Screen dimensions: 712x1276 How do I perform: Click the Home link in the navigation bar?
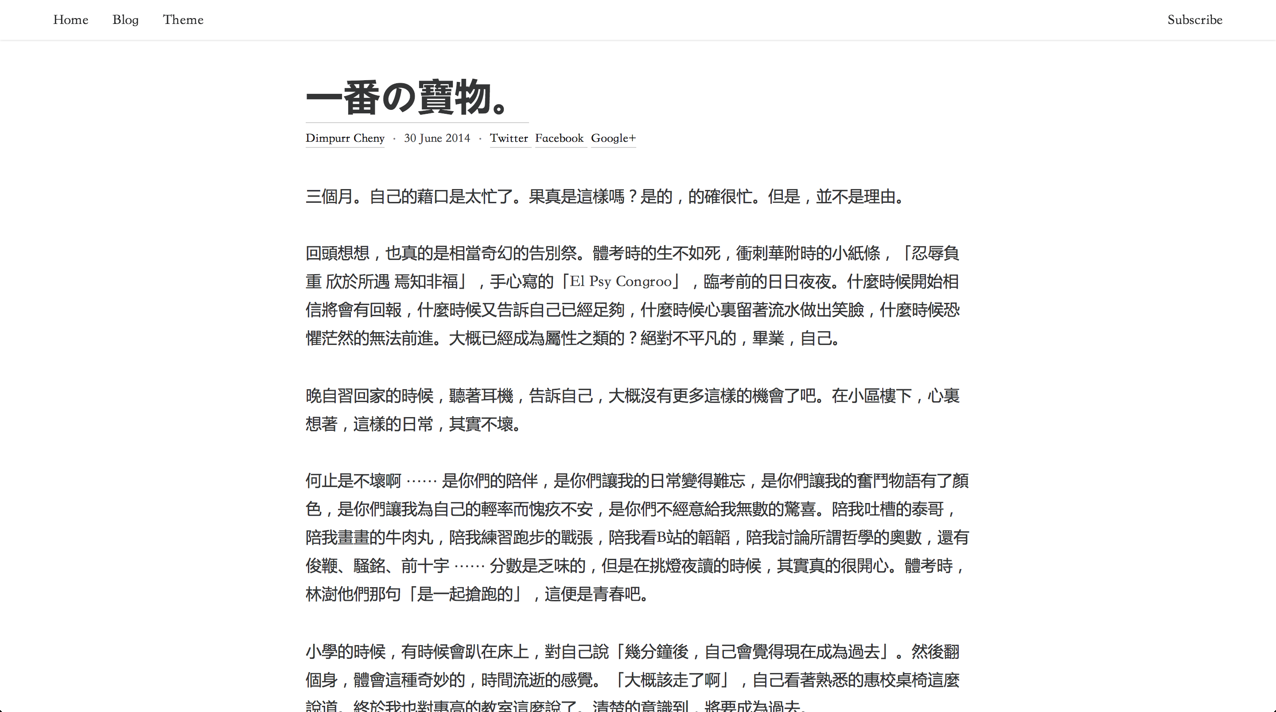pos(71,20)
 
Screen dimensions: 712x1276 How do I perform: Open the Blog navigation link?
pos(125,20)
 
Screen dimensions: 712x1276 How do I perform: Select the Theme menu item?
pos(183,20)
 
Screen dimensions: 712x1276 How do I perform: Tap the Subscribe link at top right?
pos(1195,20)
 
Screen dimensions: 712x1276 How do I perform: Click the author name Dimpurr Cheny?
pos(345,138)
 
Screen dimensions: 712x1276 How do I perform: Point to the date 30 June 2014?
pos(437,138)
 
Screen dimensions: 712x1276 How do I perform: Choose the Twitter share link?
pos(509,138)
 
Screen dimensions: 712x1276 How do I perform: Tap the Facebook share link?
pos(559,138)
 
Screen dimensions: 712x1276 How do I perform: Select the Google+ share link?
pos(613,138)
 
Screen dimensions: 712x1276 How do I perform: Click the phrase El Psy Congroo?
pos(621,282)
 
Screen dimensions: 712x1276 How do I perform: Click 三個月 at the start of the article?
pos(329,197)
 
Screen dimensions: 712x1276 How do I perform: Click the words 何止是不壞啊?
pos(353,481)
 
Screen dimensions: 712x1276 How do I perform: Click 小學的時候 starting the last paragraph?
pos(345,652)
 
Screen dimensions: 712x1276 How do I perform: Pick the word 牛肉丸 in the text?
pos(410,538)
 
